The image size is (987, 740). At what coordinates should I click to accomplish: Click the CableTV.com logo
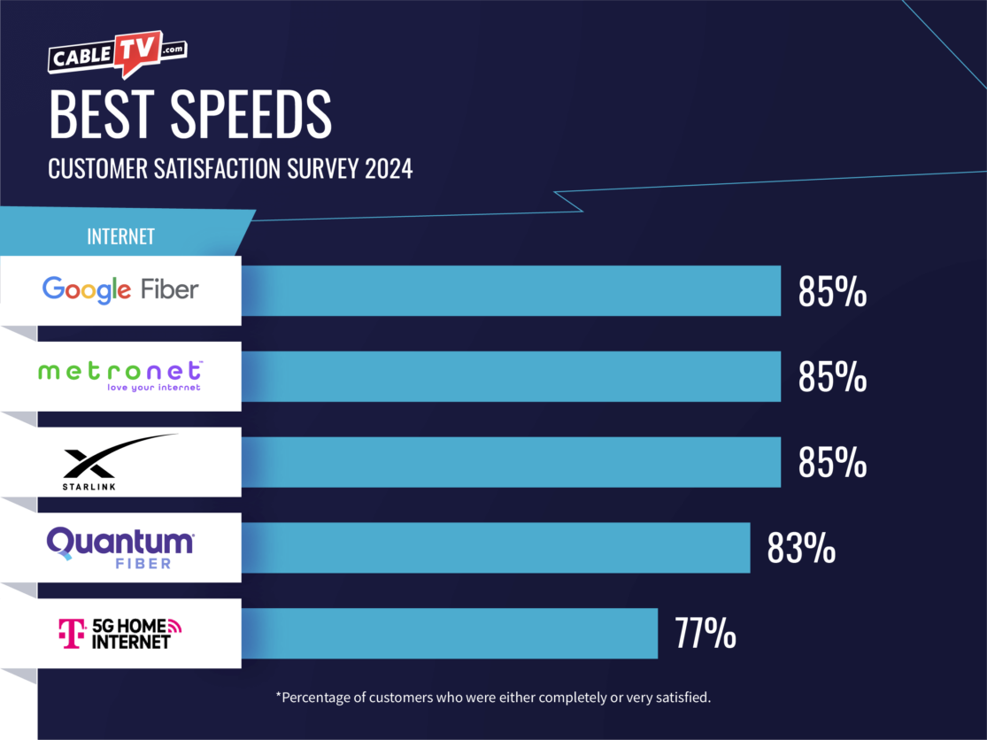(116, 56)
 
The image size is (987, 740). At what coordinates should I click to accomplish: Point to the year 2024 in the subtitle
(389, 169)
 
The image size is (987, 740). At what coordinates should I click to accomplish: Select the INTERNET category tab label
(120, 237)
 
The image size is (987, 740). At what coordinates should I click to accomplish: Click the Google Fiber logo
(120, 289)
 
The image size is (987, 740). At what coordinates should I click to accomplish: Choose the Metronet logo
(120, 375)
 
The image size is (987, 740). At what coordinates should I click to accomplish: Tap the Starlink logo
(120, 461)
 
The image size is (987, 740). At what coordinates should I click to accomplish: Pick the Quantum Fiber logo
(120, 547)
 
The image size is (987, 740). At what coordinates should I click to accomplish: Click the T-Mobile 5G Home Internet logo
(120, 633)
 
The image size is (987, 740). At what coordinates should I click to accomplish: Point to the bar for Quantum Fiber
(496, 548)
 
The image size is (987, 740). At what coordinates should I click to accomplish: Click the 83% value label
(801, 549)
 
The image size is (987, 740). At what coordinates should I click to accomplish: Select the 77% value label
(705, 635)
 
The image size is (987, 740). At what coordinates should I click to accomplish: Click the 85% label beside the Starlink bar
(832, 463)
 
